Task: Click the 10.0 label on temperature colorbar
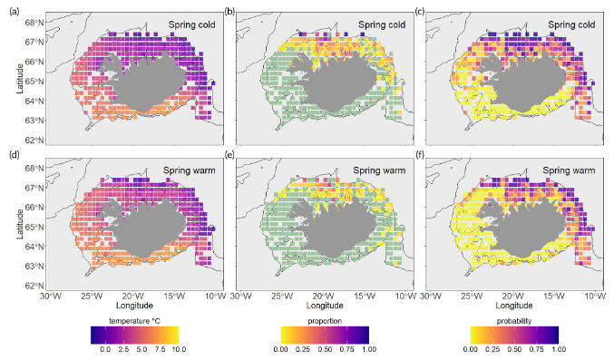[177, 348]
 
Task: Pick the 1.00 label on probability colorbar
[557, 348]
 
